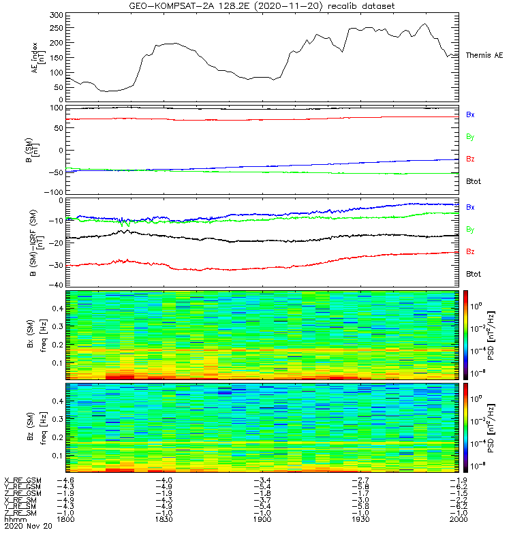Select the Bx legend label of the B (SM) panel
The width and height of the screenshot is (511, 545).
pyautogui.click(x=470, y=115)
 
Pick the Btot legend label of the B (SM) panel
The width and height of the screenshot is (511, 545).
pyautogui.click(x=473, y=181)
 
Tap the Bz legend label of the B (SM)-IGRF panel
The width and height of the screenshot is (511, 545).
pyautogui.click(x=470, y=251)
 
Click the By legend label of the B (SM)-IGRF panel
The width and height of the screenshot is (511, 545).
pyautogui.click(x=470, y=229)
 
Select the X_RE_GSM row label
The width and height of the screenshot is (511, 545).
pyautogui.click(x=22, y=481)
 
